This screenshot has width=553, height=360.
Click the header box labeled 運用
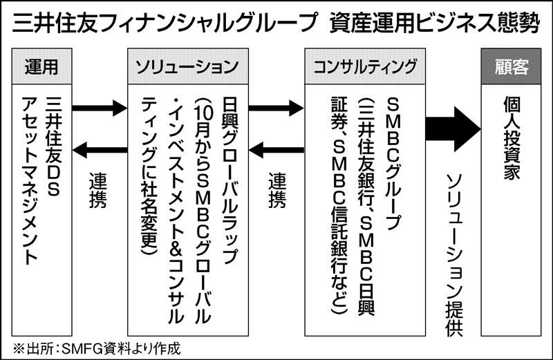pos(40,67)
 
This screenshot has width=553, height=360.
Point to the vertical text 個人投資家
pos(512,138)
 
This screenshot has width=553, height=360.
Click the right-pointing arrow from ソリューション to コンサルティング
pos(276,108)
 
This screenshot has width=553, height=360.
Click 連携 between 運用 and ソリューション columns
pos(97,190)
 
